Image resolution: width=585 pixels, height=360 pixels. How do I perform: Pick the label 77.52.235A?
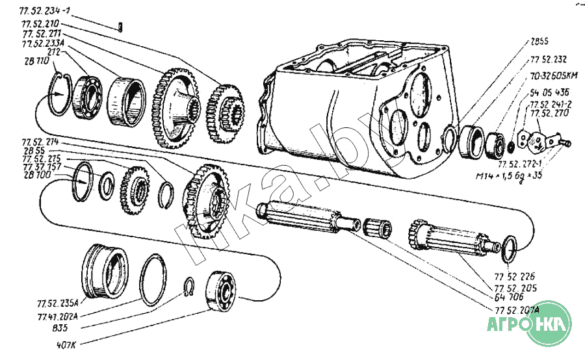(58, 302)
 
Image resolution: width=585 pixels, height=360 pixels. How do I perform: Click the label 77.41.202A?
(58, 316)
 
